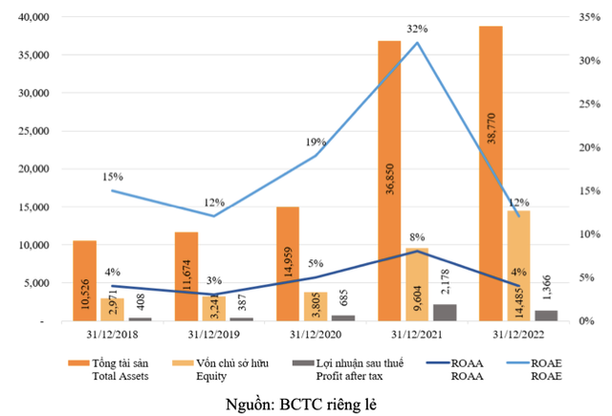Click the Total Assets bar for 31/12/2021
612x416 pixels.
pyautogui.click(x=389, y=182)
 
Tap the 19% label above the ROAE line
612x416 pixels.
pyautogui.click(x=315, y=142)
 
